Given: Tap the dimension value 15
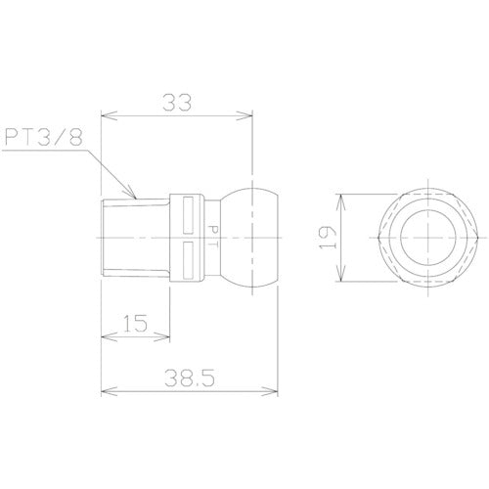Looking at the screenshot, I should click(137, 322).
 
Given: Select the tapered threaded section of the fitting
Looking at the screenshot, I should click(137, 235).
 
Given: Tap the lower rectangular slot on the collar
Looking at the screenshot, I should click(190, 259).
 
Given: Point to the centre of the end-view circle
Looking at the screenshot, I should click(427, 236).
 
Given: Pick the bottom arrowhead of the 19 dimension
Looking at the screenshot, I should click(342, 277).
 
